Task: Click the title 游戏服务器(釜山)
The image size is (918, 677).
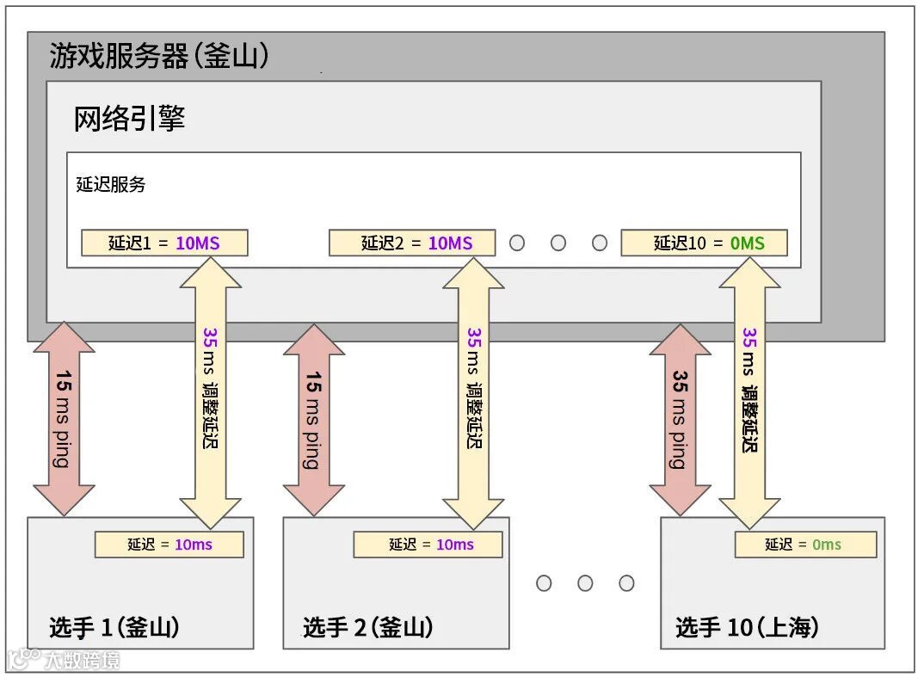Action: (159, 57)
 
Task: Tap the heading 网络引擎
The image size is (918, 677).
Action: (129, 119)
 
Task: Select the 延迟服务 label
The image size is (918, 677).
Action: (111, 184)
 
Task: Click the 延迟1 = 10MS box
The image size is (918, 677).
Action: (164, 243)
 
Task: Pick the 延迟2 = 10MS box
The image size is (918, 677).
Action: (412, 243)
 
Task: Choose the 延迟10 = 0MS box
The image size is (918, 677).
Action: (705, 243)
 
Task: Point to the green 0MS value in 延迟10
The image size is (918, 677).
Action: (747, 243)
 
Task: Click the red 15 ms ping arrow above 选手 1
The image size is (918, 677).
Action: (64, 419)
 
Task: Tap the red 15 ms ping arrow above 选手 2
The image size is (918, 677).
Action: (313, 419)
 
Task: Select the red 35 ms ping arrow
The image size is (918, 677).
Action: (680, 419)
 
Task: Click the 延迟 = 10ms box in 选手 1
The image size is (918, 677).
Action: (169, 545)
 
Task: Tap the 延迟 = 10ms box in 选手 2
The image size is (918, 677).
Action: (428, 545)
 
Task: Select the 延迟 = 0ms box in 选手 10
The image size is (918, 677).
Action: (805, 545)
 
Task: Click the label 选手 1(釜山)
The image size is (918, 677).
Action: (114, 628)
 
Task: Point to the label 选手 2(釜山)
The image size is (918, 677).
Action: (367, 628)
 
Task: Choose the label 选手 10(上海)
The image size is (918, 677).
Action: (747, 628)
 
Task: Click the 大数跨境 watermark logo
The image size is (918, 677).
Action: (65, 660)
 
